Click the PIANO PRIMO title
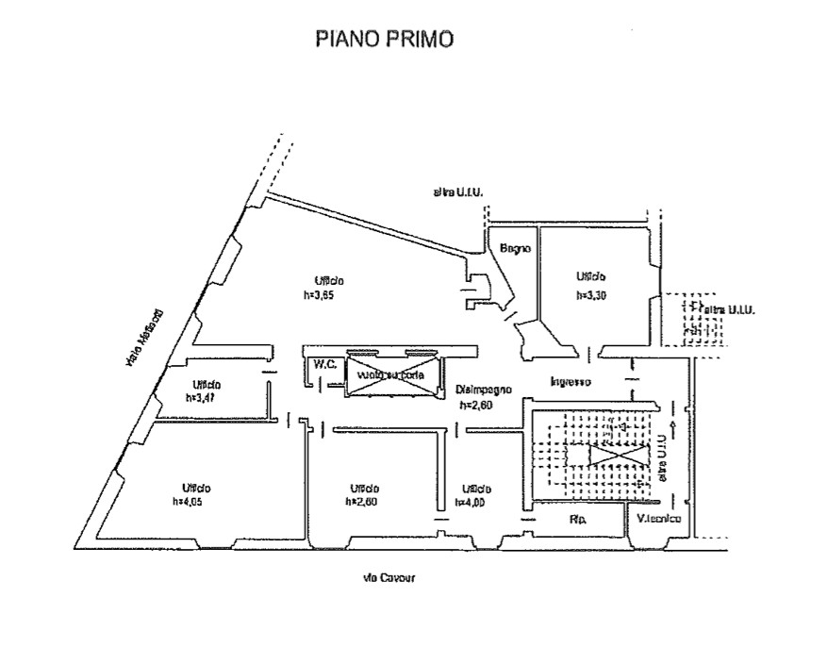point(384,39)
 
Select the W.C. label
point(326,363)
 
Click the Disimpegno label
point(483,390)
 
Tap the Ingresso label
point(571,382)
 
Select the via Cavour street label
point(389,577)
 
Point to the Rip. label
point(579,519)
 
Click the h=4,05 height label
point(188,502)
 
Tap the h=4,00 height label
point(470,502)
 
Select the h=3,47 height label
point(201,398)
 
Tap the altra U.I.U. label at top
point(458,193)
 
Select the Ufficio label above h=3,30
point(591,277)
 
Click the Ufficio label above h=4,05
point(196,488)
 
